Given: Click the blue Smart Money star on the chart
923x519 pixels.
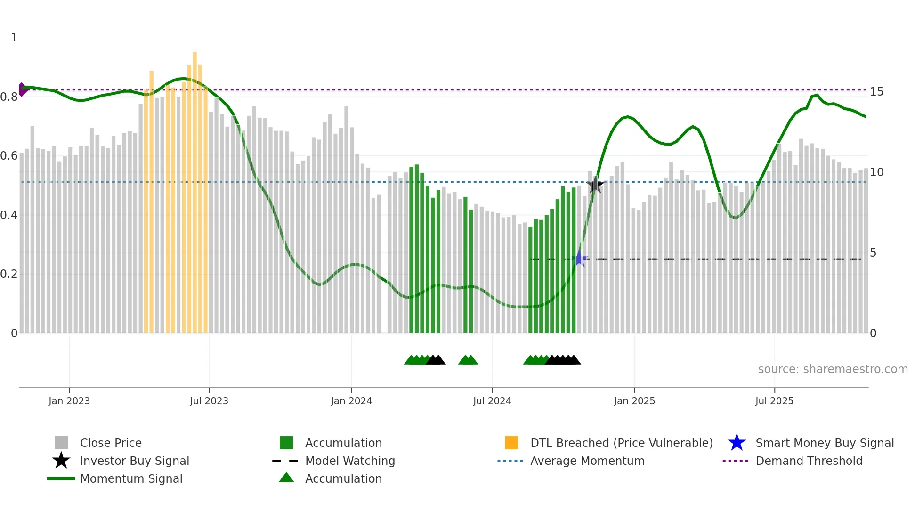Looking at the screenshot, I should (x=580, y=259).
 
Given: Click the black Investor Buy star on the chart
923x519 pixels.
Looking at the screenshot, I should (x=595, y=185).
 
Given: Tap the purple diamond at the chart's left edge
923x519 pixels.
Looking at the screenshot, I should (x=22, y=89).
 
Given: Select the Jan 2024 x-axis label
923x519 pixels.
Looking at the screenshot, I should (x=351, y=401).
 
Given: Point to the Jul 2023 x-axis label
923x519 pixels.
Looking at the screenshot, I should (x=209, y=401).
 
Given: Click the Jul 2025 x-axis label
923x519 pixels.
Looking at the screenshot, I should (x=774, y=401).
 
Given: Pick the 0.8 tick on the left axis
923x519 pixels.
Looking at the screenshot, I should (x=9, y=97).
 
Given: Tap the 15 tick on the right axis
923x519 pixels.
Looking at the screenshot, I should (x=876, y=92).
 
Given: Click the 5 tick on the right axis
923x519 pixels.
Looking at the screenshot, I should (x=873, y=253).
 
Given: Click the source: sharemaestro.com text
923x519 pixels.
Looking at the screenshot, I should (x=833, y=369).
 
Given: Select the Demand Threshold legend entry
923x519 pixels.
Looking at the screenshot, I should (x=809, y=461).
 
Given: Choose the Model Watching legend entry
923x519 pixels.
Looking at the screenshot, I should (x=350, y=461).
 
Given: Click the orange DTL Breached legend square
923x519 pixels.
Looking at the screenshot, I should (x=511, y=443).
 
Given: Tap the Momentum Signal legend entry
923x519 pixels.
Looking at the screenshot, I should (x=131, y=479).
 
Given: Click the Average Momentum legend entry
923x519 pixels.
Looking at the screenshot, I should (x=587, y=461).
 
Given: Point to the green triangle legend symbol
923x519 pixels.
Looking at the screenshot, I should (x=286, y=478).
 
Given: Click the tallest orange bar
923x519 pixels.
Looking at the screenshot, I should (x=195, y=188).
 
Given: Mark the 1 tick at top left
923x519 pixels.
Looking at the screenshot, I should (x=14, y=38).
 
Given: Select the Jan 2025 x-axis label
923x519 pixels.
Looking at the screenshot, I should (x=634, y=401).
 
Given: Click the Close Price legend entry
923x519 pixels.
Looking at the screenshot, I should (x=111, y=443).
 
